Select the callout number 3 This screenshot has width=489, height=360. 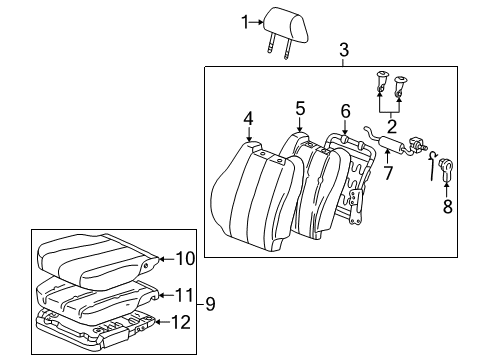343,49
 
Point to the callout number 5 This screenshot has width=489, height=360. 299,107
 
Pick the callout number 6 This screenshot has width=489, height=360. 345,112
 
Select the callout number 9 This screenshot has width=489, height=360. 184,258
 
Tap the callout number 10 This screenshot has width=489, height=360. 185,294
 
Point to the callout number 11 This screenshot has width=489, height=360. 181,321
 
